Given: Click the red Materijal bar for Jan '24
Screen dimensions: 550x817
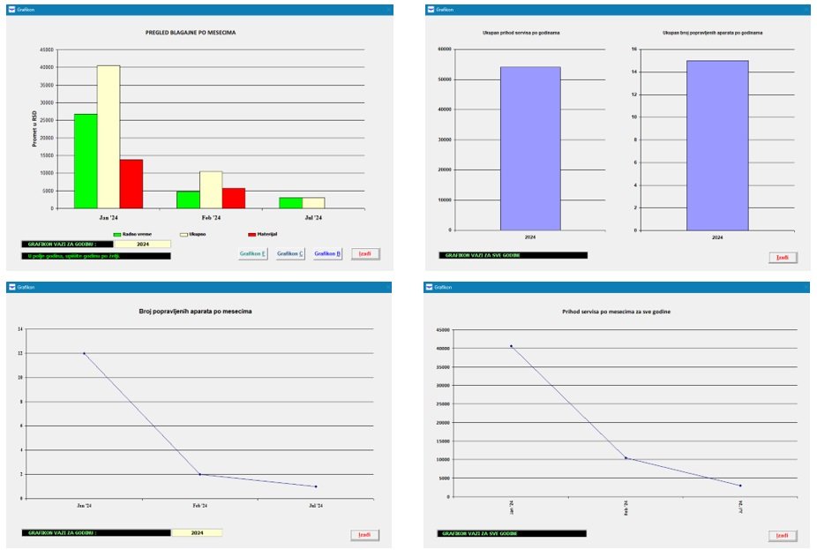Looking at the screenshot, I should [131, 184].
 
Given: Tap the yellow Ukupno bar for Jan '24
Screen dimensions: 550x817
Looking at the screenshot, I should [109, 137].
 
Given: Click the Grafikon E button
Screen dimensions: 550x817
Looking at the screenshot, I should [252, 254].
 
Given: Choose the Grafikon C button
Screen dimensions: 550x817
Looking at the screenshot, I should [289, 254].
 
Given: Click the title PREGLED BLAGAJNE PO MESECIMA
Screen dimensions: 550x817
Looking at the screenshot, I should [191, 33].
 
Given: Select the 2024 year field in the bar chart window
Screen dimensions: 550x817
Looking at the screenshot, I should [142, 245].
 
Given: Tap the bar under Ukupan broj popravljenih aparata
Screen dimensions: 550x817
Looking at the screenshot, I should [716, 145].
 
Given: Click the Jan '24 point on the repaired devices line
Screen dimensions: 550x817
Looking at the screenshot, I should [85, 353].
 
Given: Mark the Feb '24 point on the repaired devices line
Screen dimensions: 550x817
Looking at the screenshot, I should [199, 474].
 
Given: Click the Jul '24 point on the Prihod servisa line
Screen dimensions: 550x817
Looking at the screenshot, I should [740, 486].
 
